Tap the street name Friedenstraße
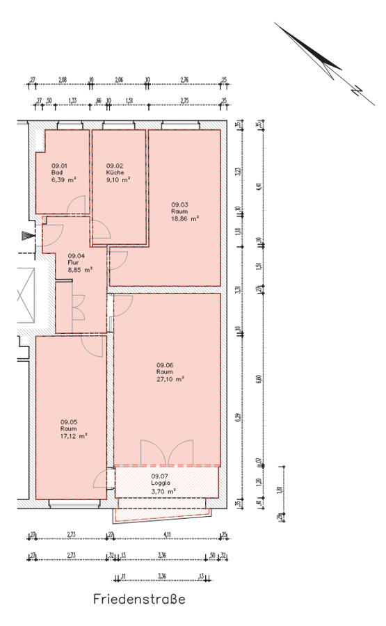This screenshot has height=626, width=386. tap(139, 599)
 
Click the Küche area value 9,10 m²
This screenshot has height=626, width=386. tap(118, 179)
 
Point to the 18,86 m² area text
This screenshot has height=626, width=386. tap(185, 218)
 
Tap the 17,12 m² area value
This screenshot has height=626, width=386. tap(73, 436)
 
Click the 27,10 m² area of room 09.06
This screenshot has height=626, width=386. tap(170, 379)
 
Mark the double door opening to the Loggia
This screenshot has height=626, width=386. tap(166, 452)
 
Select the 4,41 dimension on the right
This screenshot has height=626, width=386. tap(258, 186)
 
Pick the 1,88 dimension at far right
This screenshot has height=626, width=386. tap(280, 489)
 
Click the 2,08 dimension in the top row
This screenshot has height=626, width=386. tap(62, 80)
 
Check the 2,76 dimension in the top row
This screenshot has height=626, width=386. tap(184, 80)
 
